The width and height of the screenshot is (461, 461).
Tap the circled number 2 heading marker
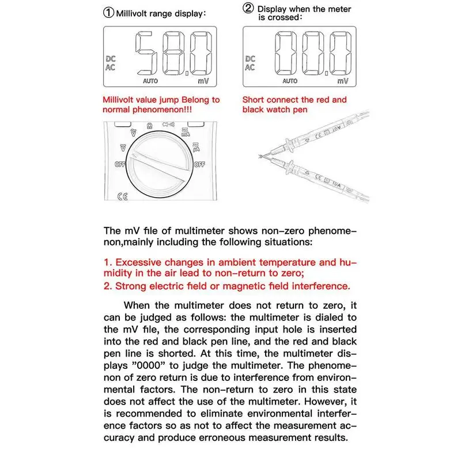pyautogui.click(x=248, y=8)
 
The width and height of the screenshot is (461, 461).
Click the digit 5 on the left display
pyautogui.click(x=146, y=55)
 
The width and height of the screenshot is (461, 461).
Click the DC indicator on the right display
pyautogui.click(x=250, y=58)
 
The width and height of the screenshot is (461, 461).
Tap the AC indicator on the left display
pyautogui.click(x=110, y=67)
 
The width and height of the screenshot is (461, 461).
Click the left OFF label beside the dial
pyautogui.click(x=120, y=164)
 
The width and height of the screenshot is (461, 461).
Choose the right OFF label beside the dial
pyautogui.click(x=199, y=164)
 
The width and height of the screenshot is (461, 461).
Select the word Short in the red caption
pyautogui.click(x=253, y=100)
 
